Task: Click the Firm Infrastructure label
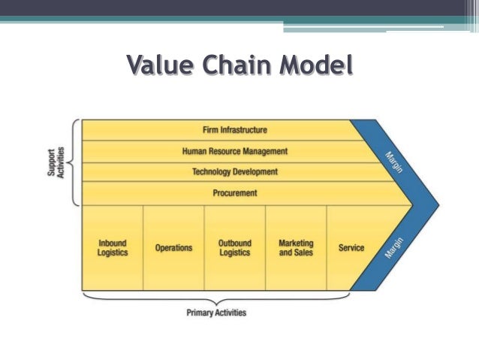coord(235,130)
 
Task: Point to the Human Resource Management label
coord(235,151)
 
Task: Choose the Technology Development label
coord(235,172)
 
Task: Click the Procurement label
coord(235,193)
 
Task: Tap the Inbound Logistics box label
coord(113,248)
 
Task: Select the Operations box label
coord(173,248)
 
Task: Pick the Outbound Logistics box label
coord(235,248)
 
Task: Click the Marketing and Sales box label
coord(296,248)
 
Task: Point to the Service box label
coord(351,248)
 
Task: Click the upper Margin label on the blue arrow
coord(396,162)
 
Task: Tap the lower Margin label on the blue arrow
coord(396,247)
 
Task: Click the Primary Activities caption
coord(216,313)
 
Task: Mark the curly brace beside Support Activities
coord(75,162)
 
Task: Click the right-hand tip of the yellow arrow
coord(411,204)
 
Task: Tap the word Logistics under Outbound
coord(235,253)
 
